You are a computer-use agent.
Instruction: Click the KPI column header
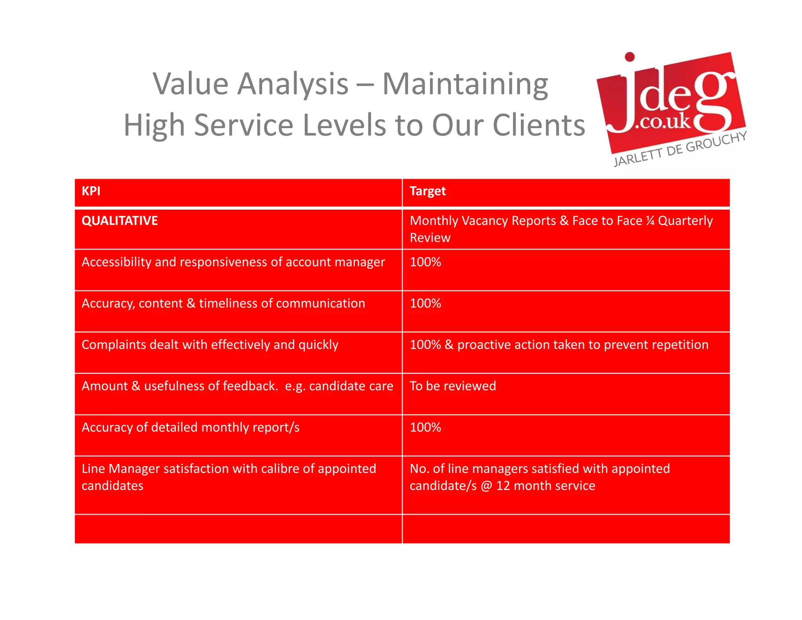point(91,191)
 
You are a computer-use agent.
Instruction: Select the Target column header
point(427,191)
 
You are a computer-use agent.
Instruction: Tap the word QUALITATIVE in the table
point(119,221)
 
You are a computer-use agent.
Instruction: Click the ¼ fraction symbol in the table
point(650,221)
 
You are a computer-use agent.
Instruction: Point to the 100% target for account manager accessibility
point(425,262)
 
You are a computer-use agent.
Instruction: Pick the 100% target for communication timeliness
point(425,303)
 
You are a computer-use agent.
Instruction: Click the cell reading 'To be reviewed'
point(453,386)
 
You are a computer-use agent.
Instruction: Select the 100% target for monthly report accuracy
point(425,427)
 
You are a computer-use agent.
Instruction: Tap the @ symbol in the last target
point(486,486)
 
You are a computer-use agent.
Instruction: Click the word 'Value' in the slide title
point(190,84)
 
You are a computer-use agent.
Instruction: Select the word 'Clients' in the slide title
point(538,125)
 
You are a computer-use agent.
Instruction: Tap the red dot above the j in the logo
point(629,57)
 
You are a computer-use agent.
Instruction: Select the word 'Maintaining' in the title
point(465,84)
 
